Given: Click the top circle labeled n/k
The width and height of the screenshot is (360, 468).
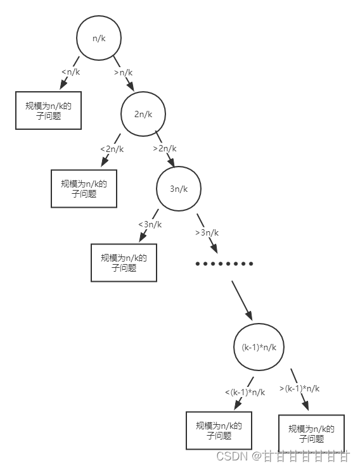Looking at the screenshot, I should coord(99,38).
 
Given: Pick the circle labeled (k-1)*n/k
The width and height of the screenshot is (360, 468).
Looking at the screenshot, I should coord(259,347).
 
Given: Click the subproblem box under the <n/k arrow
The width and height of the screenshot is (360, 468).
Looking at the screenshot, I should coord(48,111).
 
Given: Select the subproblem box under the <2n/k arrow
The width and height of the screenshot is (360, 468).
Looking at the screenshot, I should coord(84,189).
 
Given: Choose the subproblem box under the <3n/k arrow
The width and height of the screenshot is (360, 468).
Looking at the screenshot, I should coord(124,263).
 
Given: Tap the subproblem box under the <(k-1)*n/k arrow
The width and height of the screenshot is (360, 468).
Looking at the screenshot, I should coord(219,431).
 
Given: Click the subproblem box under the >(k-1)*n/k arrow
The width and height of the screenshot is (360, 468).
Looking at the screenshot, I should coord(311,434).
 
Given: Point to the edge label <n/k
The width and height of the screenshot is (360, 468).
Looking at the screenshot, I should coord(71,72).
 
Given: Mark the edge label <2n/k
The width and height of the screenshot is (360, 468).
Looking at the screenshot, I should coord(112,149).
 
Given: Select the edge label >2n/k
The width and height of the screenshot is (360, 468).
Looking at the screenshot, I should coord(165,149).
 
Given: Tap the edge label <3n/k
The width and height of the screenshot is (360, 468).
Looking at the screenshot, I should coord(150,224).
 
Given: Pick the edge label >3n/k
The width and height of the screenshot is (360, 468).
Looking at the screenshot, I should coord(207,232).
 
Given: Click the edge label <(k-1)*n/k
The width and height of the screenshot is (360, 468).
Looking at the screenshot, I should coord(245,393).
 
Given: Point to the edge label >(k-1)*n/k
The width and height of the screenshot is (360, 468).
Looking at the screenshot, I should coord(299,388).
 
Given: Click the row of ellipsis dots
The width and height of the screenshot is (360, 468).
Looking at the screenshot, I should coord(224,263).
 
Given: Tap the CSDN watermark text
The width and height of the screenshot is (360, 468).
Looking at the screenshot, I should coord(283,455).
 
